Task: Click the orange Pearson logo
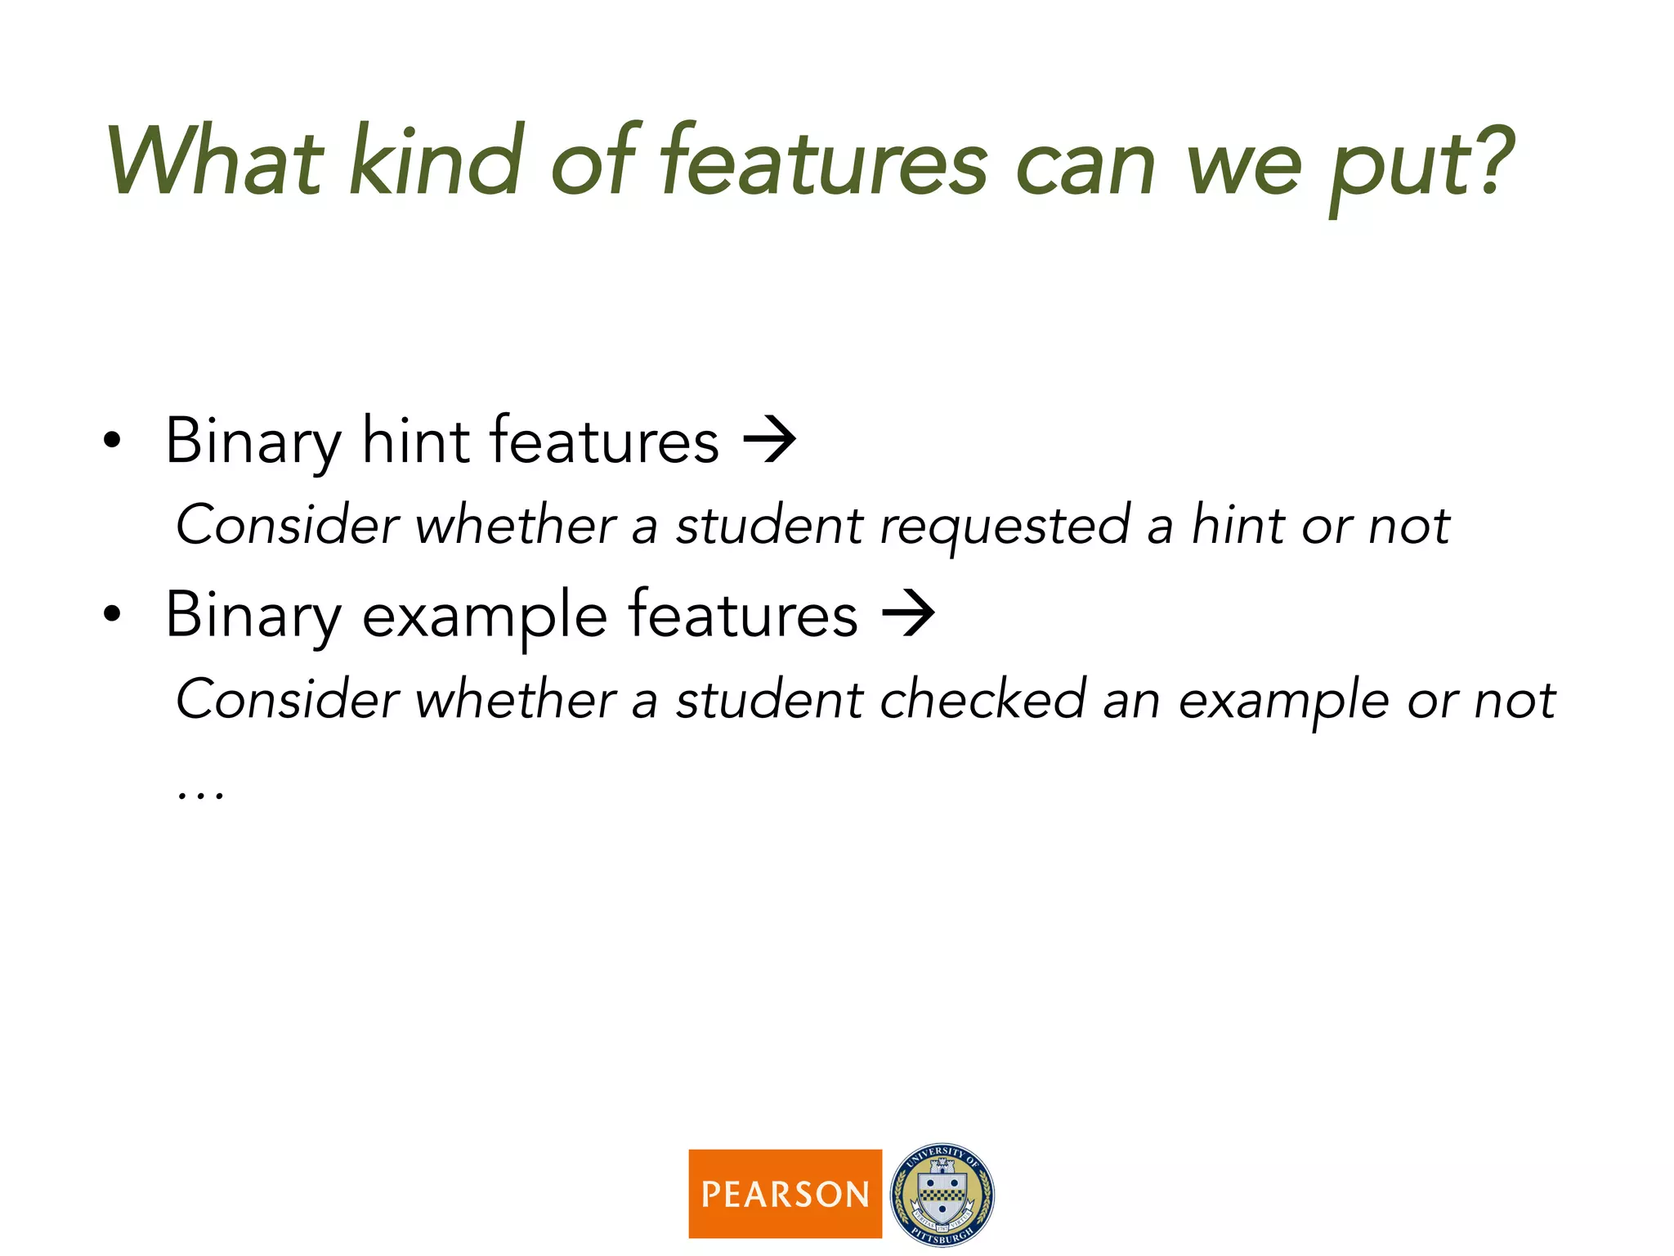(x=785, y=1193)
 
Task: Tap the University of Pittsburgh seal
(x=942, y=1194)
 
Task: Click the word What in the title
(x=214, y=162)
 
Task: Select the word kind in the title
(x=436, y=162)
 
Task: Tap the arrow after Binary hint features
(x=769, y=441)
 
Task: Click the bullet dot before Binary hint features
(x=112, y=442)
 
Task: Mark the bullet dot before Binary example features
(x=112, y=616)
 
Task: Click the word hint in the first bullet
(x=415, y=441)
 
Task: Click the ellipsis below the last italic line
(x=200, y=794)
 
